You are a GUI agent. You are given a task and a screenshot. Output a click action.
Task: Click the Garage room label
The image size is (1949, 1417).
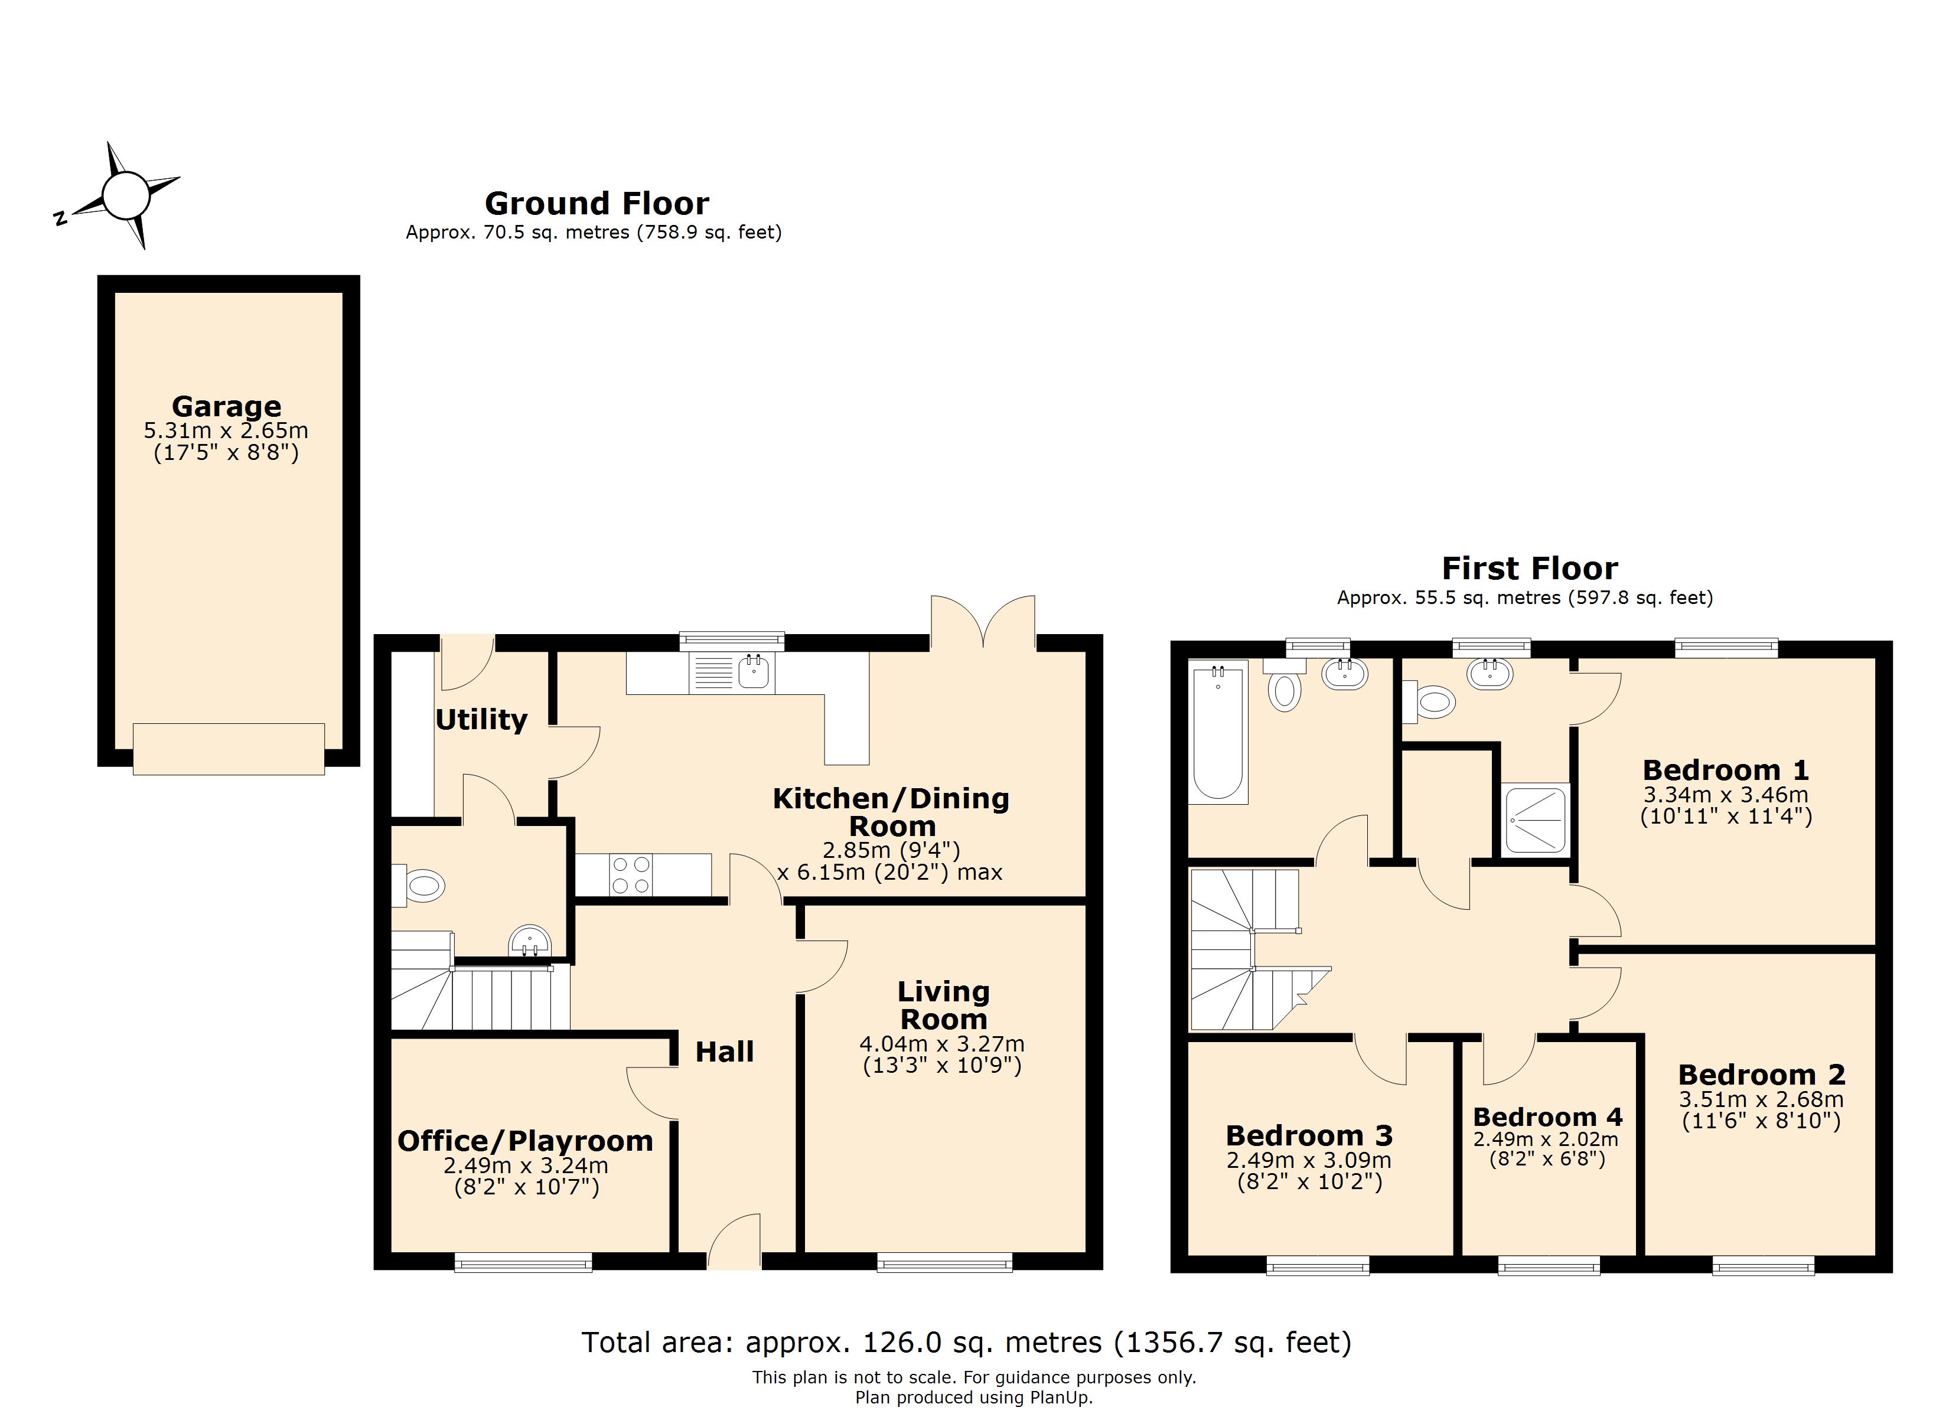(x=226, y=406)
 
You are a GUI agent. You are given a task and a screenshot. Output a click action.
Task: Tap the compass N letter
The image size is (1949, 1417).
(x=60, y=218)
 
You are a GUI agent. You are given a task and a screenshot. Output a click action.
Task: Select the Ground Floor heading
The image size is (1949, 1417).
(x=597, y=204)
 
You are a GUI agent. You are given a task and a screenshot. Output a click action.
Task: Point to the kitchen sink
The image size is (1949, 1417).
(x=754, y=672)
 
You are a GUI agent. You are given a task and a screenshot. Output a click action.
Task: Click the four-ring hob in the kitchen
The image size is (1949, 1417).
(x=630, y=875)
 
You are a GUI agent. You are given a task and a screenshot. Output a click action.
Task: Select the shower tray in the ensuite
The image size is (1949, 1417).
(x=1535, y=819)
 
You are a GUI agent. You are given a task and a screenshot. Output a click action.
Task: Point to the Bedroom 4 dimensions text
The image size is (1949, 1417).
(x=1546, y=1150)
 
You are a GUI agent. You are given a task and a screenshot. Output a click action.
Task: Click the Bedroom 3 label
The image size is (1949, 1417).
(x=1308, y=1136)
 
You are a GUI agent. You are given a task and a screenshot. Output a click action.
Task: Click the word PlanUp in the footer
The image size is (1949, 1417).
(x=1060, y=1398)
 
